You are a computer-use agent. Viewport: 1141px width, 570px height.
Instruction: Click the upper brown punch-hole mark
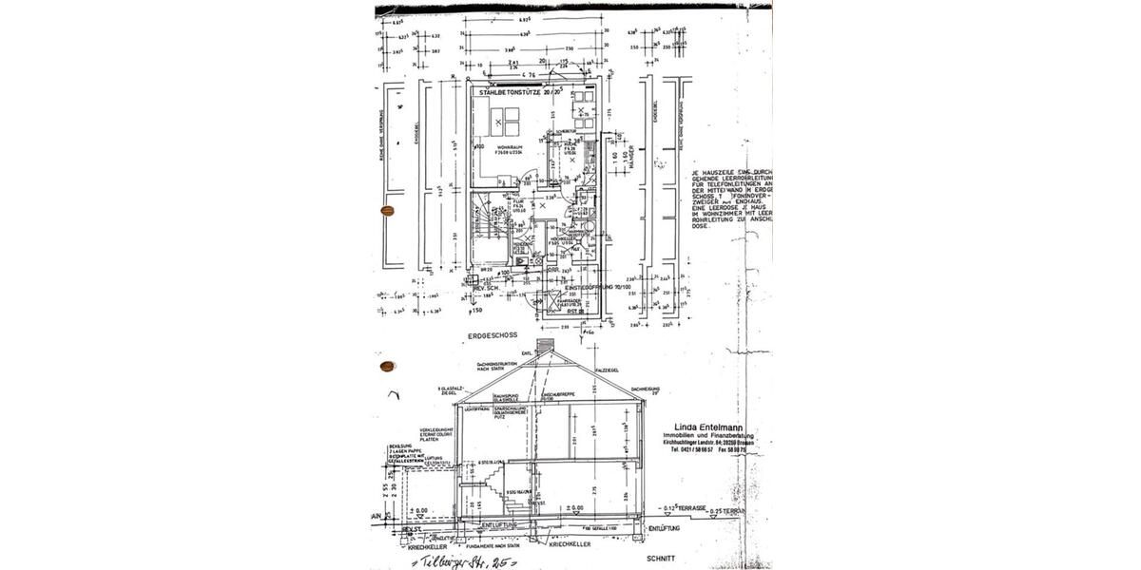point(387,211)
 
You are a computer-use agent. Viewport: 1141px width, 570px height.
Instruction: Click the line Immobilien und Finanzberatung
point(708,434)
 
